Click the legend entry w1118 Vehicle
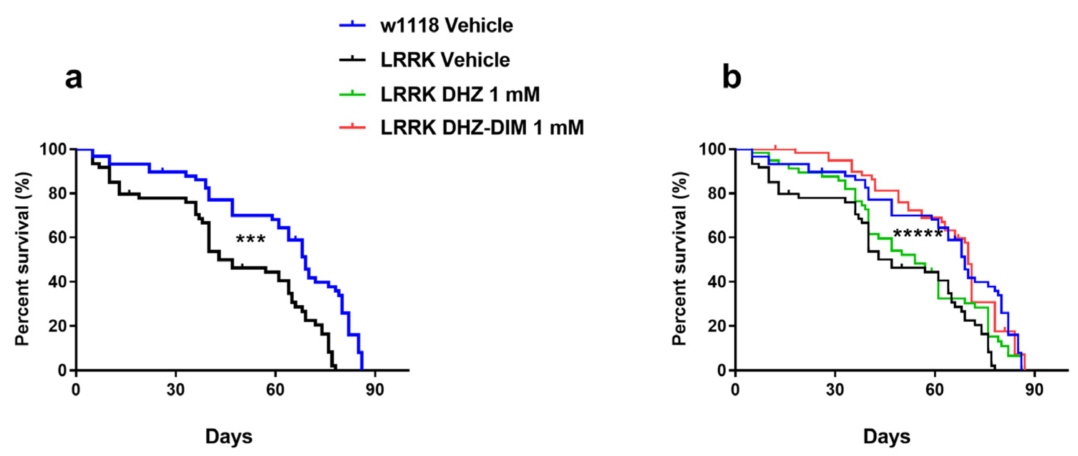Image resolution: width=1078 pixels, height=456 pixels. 446,26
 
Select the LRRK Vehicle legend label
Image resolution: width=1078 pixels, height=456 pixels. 445,60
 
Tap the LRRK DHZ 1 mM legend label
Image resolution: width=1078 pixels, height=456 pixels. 459,95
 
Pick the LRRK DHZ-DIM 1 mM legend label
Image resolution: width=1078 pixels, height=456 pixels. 482,127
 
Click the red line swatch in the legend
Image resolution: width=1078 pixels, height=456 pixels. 352,127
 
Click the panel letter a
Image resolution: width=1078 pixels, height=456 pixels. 74,78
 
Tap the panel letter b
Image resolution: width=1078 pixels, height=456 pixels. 731,78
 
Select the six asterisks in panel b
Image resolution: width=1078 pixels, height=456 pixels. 918,234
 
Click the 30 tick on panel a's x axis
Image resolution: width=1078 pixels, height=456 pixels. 175,390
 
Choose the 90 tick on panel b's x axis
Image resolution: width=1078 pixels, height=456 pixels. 1034,390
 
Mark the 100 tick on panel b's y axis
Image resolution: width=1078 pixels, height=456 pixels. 712,149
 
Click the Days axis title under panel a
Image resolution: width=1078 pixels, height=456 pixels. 229,436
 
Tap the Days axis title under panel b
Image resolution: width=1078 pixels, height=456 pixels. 887,436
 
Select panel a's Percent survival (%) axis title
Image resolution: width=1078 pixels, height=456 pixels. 23,259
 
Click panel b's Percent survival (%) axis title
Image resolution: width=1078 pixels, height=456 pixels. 680,259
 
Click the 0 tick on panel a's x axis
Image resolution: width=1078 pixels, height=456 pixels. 76,390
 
